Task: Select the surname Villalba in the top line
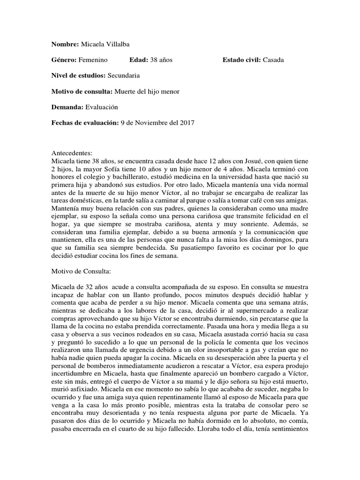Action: pos(115,44)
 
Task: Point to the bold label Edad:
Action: pos(138,60)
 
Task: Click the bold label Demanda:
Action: pos(67,107)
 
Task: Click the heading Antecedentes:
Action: pos(72,153)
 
